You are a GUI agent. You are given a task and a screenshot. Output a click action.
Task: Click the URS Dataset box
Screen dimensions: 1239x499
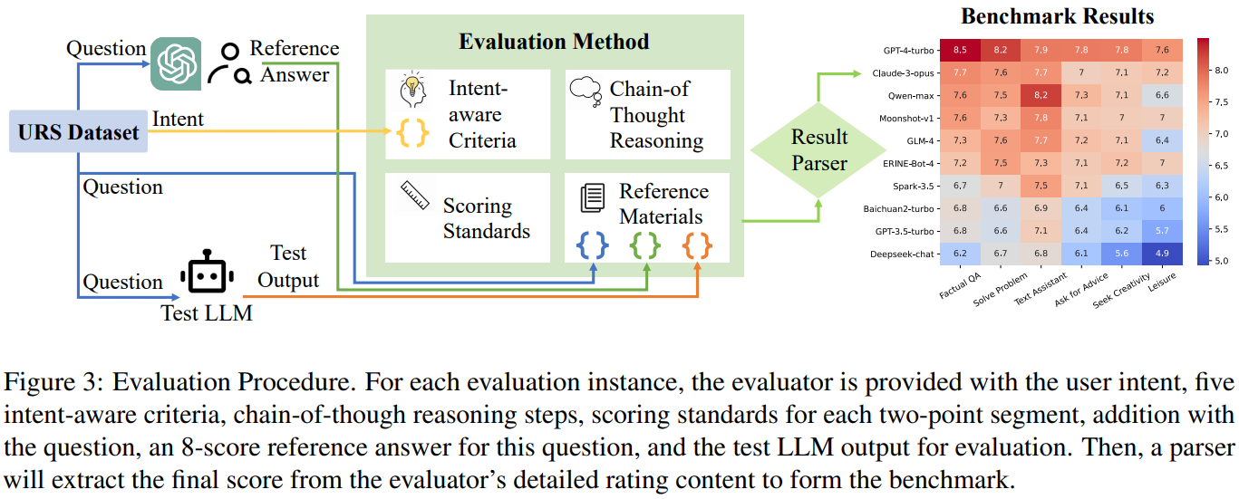click(78, 131)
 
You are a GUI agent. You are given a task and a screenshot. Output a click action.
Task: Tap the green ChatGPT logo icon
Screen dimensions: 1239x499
click(176, 63)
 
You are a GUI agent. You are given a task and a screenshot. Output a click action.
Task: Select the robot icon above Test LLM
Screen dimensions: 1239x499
click(207, 272)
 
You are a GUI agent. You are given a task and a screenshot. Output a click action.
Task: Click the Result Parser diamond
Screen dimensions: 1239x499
click(818, 149)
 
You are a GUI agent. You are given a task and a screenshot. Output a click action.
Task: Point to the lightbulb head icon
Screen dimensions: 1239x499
click(412, 89)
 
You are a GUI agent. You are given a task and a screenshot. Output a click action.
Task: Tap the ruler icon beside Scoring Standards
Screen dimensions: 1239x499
click(415, 196)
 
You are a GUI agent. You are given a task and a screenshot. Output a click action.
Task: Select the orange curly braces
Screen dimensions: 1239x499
click(697, 245)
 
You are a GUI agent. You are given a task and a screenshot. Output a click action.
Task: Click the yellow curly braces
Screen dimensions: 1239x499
click(412, 132)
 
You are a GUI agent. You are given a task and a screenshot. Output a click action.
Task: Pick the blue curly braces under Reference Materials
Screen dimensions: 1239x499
click(593, 245)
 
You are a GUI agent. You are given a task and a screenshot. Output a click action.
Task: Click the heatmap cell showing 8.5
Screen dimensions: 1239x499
click(960, 50)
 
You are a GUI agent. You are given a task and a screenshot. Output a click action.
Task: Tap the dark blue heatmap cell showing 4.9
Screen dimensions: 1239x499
click(1162, 254)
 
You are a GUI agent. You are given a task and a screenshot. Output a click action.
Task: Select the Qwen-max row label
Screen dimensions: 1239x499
click(911, 96)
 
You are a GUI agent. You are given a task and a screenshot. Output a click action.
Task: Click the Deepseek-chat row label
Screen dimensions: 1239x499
click(902, 254)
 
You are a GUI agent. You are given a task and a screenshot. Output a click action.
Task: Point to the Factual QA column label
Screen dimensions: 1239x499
click(960, 285)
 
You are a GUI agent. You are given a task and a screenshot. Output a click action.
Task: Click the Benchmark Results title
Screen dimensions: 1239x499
click(1057, 16)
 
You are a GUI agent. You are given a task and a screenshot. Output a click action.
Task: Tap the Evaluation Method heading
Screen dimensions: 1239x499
click(554, 42)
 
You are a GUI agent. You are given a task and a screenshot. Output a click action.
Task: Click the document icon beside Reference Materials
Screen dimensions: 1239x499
click(593, 197)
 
